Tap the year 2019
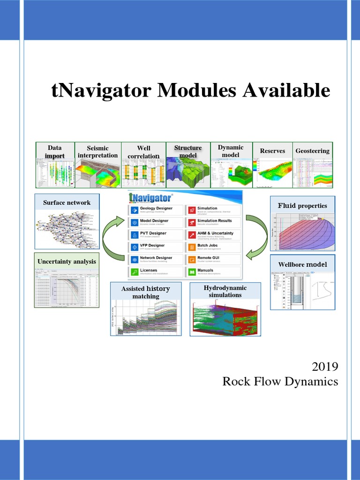325,366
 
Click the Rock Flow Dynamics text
280,382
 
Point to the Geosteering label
312,151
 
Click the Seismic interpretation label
98,151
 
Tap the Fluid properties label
302,205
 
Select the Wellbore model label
302,264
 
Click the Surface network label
67,202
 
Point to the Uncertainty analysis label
67,261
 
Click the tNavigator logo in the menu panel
150,197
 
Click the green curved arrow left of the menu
112,239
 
